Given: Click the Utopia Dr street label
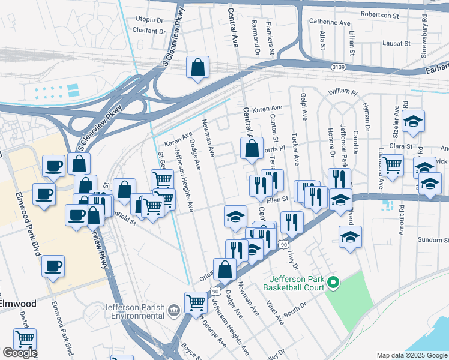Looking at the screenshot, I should (x=149, y=19).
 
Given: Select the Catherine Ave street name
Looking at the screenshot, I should (x=329, y=22).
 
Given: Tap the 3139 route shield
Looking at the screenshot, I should (x=339, y=68).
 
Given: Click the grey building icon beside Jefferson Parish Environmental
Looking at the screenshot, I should (x=173, y=310).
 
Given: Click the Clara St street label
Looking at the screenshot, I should (x=400, y=146).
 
